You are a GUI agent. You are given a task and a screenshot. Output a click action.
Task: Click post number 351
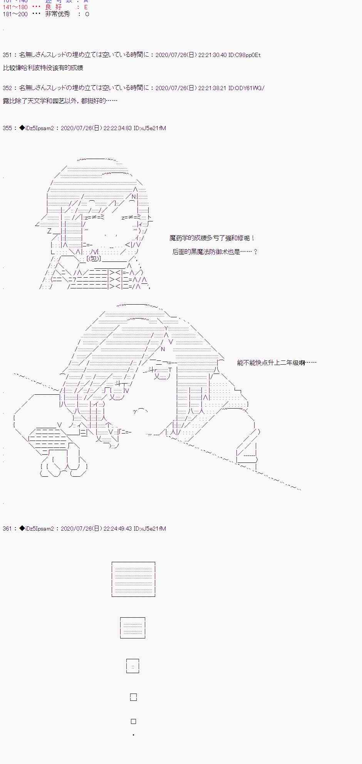pyautogui.click(x=7, y=55)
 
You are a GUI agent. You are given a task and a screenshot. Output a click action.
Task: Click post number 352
pyautogui.click(x=7, y=88)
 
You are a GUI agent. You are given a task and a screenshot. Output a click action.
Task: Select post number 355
pyautogui.click(x=7, y=128)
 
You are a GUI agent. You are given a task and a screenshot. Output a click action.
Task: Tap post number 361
pyautogui.click(x=7, y=529)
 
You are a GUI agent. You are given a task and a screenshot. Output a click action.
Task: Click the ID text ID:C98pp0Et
pyautogui.click(x=245, y=55)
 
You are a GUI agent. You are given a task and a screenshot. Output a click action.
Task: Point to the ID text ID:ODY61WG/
pyautogui.click(x=246, y=88)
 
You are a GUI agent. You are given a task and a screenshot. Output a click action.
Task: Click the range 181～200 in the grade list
pyautogui.click(x=15, y=14)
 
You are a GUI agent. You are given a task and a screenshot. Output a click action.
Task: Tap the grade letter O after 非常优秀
pyautogui.click(x=87, y=14)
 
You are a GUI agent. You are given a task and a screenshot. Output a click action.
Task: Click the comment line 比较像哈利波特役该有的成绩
pyautogui.click(x=43, y=68)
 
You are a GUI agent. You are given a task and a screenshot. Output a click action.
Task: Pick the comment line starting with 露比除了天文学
pyautogui.click(x=60, y=101)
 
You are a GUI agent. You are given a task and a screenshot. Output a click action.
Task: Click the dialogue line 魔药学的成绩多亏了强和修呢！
pyautogui.click(x=212, y=238)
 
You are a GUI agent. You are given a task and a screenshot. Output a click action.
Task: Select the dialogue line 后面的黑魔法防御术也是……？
pyautogui.click(x=215, y=252)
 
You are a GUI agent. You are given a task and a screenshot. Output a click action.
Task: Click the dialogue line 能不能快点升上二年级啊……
pyautogui.click(x=277, y=363)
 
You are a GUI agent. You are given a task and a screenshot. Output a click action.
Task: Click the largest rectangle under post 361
pyautogui.click(x=133, y=579)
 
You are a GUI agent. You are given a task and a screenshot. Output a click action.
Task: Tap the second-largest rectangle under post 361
pyautogui.click(x=133, y=628)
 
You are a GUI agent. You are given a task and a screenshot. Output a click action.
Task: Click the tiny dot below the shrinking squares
pyautogui.click(x=133, y=735)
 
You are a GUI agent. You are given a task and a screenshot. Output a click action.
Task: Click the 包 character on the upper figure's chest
pyautogui.click(x=95, y=259)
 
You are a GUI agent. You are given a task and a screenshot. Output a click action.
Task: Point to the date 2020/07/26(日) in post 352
pyautogui.click(x=176, y=88)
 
